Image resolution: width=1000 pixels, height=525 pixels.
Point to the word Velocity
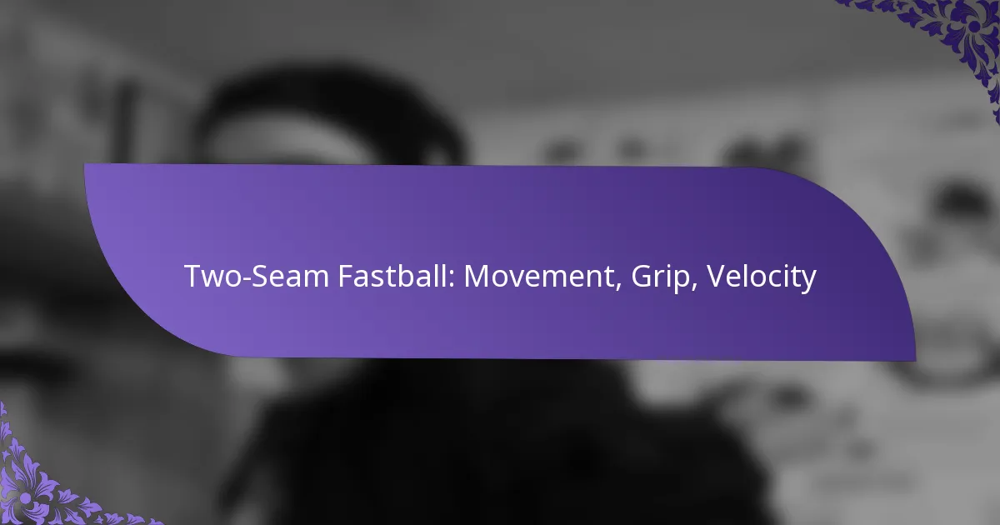coord(761,277)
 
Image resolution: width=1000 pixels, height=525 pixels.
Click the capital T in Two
coord(192,276)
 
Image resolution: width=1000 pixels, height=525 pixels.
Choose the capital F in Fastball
coord(343,276)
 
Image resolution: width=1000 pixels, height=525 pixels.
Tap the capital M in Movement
coord(477,276)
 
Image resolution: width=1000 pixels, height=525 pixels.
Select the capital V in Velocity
coord(715,276)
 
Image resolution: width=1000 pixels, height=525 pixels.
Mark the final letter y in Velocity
coord(808,281)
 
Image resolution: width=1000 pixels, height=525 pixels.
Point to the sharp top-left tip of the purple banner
coord(85,164)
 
